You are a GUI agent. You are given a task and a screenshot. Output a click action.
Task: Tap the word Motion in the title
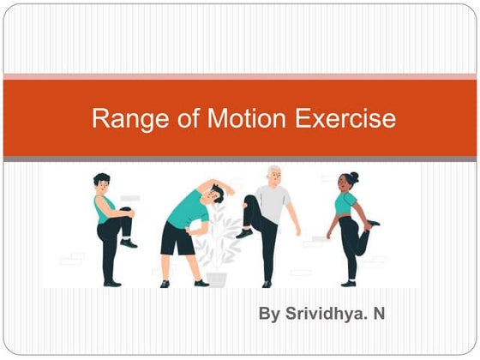(234, 118)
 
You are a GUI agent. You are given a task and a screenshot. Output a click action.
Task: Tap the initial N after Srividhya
(378, 314)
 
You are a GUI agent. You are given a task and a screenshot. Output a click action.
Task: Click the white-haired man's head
(274, 174)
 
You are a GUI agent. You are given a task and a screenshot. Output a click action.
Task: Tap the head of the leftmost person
(102, 183)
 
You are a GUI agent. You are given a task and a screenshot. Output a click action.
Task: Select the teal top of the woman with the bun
(345, 204)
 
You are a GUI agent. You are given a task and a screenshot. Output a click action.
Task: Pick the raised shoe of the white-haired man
(245, 232)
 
